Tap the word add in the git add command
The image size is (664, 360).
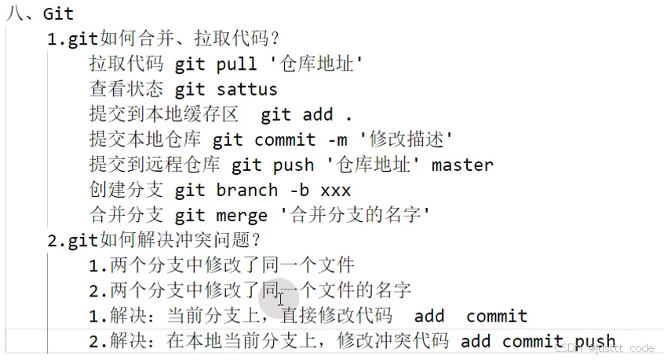coord(318,115)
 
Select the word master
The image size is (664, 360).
coord(462,165)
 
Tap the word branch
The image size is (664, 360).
coord(246,191)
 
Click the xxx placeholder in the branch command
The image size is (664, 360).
coord(335,191)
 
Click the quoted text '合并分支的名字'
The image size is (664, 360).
coord(352,215)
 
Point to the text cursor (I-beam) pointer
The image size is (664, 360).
coord(280,298)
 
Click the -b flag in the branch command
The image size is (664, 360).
coord(299,191)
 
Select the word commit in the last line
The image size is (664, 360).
coord(533,341)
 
